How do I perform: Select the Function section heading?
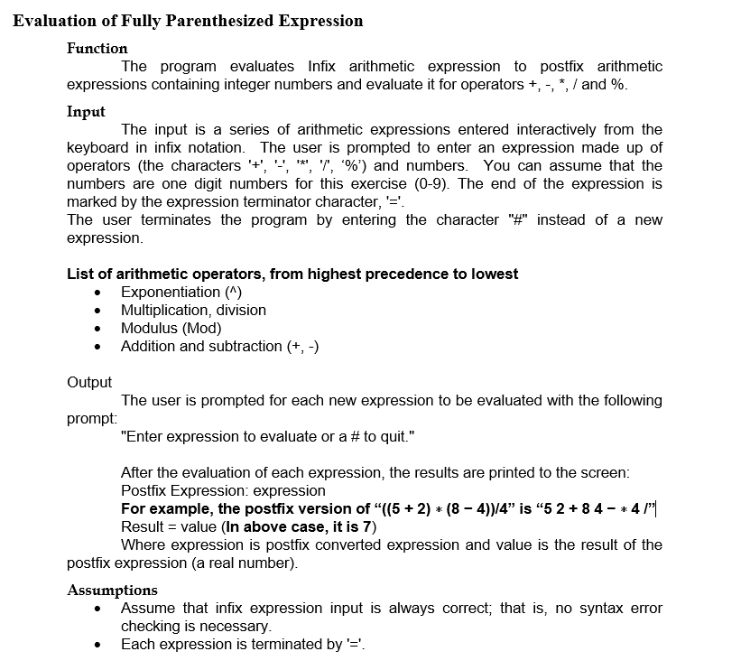pos(97,48)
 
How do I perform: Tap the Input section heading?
pos(86,111)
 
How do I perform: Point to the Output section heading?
pos(89,382)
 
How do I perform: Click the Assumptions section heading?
pos(112,591)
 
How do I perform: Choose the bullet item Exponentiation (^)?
pos(181,292)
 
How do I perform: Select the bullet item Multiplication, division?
pos(193,310)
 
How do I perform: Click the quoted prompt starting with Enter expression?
pos(268,436)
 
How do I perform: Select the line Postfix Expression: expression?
pos(223,490)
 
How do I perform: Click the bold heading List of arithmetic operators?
pos(292,274)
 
